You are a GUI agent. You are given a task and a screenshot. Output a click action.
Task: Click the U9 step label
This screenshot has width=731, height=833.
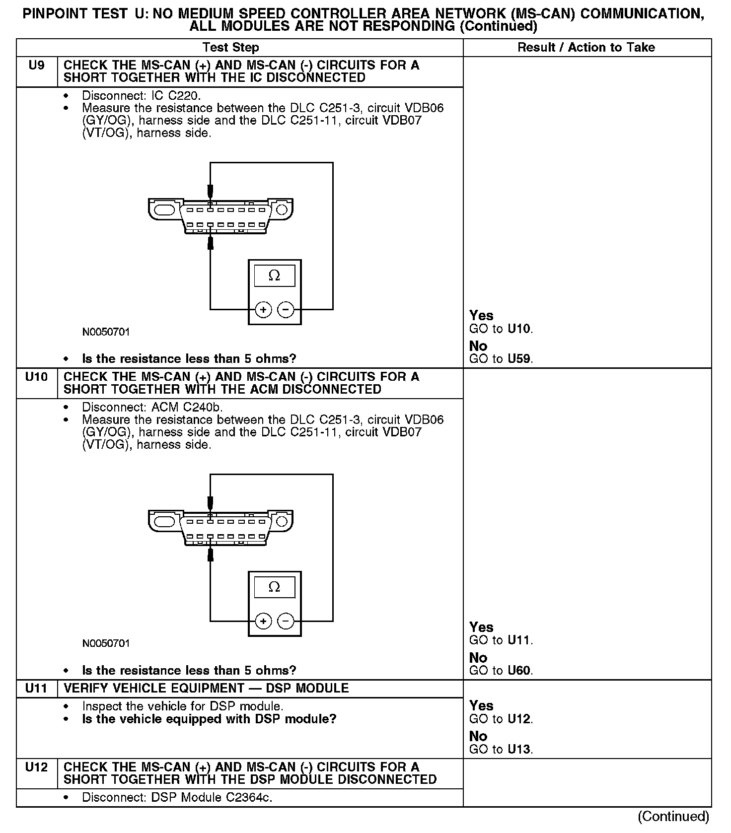tap(37, 66)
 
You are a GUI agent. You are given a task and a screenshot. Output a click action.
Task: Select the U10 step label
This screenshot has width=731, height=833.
tap(37, 377)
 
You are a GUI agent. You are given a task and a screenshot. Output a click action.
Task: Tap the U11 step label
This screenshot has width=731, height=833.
tap(37, 689)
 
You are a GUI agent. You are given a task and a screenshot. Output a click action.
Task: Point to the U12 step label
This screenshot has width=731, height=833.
tap(37, 767)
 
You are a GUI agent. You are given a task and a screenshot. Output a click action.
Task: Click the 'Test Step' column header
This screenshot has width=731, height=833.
tap(231, 48)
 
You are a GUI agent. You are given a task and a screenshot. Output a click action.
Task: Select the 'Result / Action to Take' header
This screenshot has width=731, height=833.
tap(586, 48)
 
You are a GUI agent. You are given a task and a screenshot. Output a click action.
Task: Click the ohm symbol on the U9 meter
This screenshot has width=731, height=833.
tap(274, 276)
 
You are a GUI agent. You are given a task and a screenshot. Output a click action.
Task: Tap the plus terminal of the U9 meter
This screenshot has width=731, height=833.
tap(263, 310)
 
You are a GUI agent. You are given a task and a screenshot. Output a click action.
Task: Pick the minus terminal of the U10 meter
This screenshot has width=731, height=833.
tap(286, 622)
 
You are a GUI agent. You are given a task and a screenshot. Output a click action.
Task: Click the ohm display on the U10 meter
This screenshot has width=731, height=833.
tap(274, 587)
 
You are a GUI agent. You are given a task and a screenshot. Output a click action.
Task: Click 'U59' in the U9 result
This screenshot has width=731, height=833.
tap(519, 359)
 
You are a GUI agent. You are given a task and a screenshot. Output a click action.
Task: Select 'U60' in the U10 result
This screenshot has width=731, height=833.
tap(519, 671)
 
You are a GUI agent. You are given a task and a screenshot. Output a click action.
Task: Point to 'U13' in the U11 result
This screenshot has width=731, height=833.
tap(519, 750)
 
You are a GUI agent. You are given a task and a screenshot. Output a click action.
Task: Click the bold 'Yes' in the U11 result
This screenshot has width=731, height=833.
tap(481, 706)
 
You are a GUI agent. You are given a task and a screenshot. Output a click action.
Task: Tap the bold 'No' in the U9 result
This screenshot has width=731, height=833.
tap(478, 346)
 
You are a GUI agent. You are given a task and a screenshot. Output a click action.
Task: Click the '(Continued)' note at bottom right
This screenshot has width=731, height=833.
tap(673, 817)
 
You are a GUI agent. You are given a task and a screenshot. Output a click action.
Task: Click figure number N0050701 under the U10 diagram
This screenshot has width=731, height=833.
tap(106, 643)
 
